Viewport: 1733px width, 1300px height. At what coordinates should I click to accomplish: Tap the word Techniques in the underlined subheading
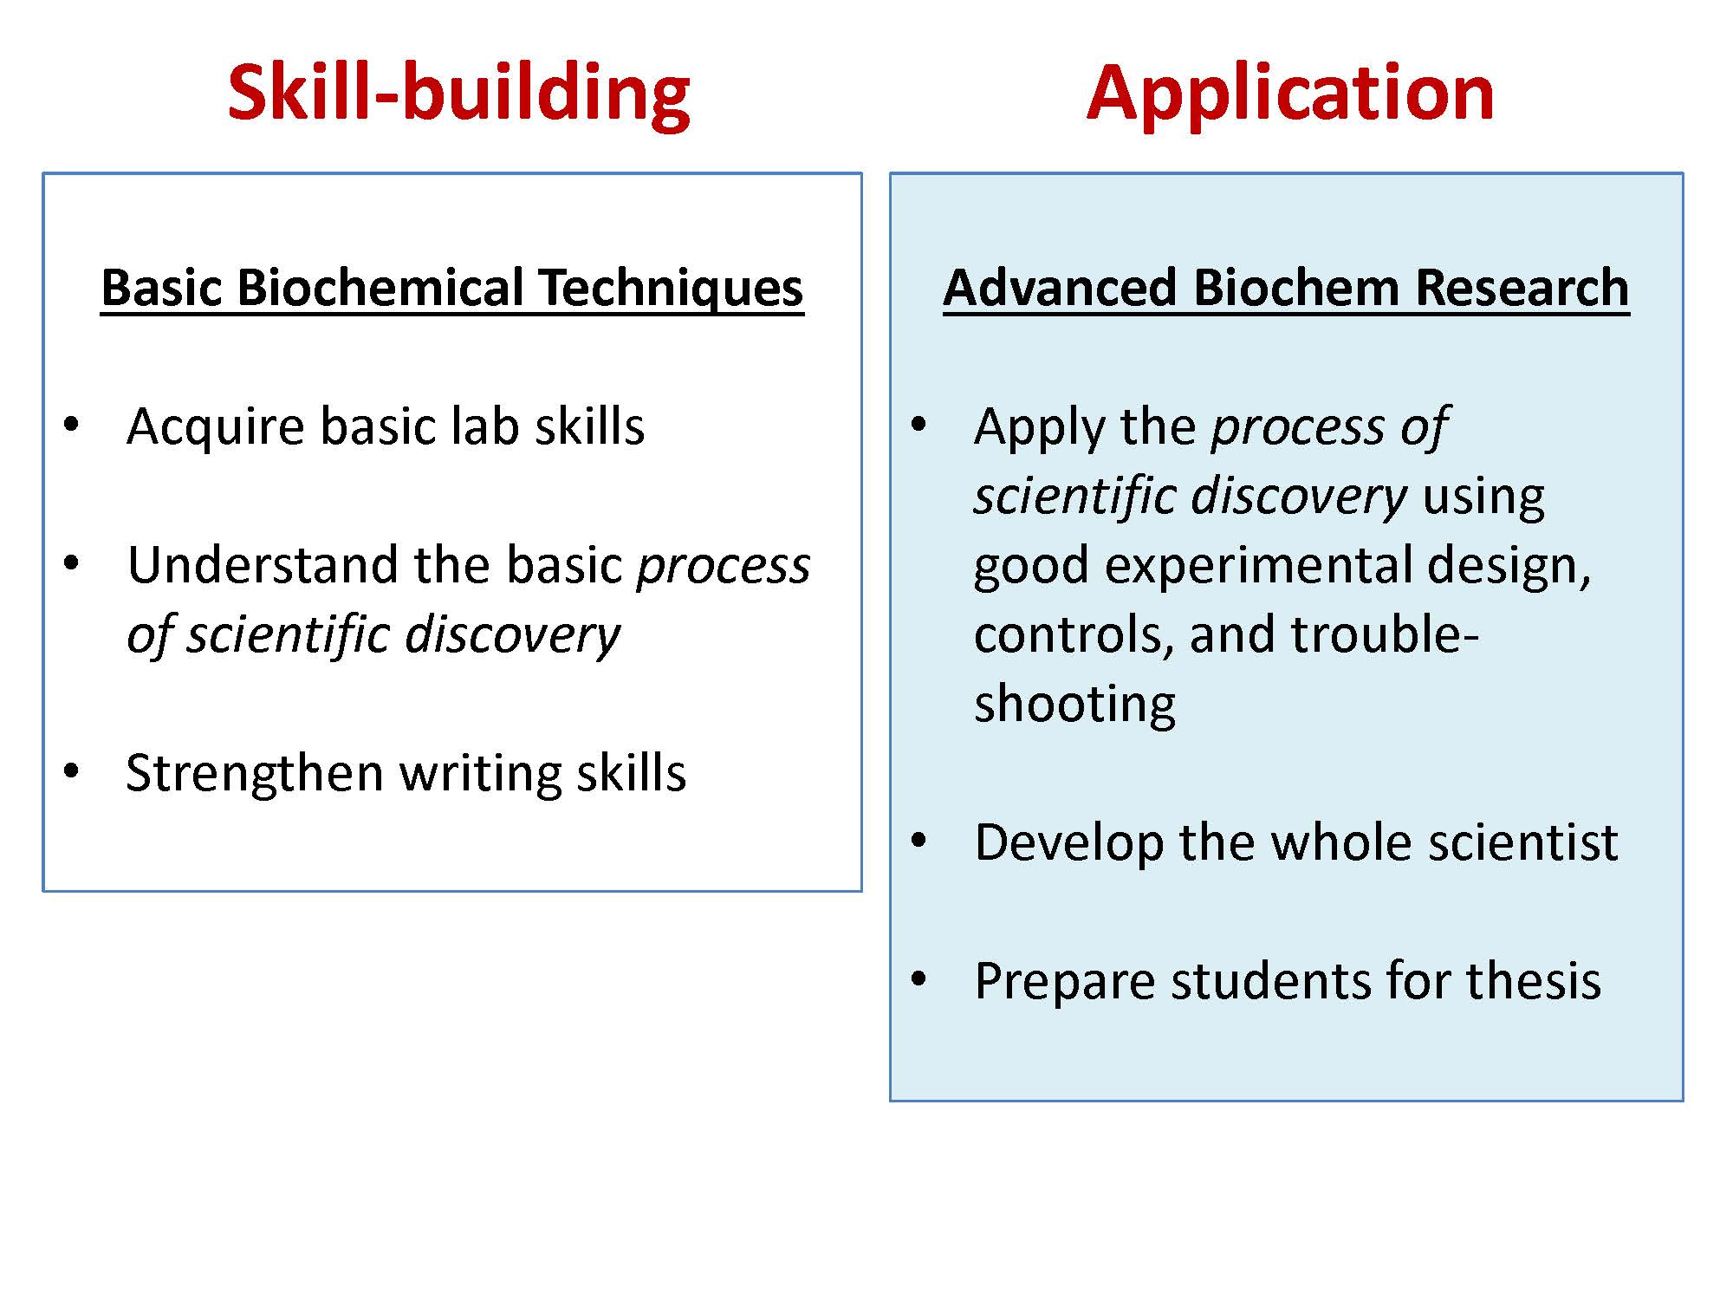(671, 289)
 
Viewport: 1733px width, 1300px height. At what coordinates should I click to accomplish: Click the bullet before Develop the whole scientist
(918, 841)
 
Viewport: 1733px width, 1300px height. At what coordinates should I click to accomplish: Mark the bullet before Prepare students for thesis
(918, 979)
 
